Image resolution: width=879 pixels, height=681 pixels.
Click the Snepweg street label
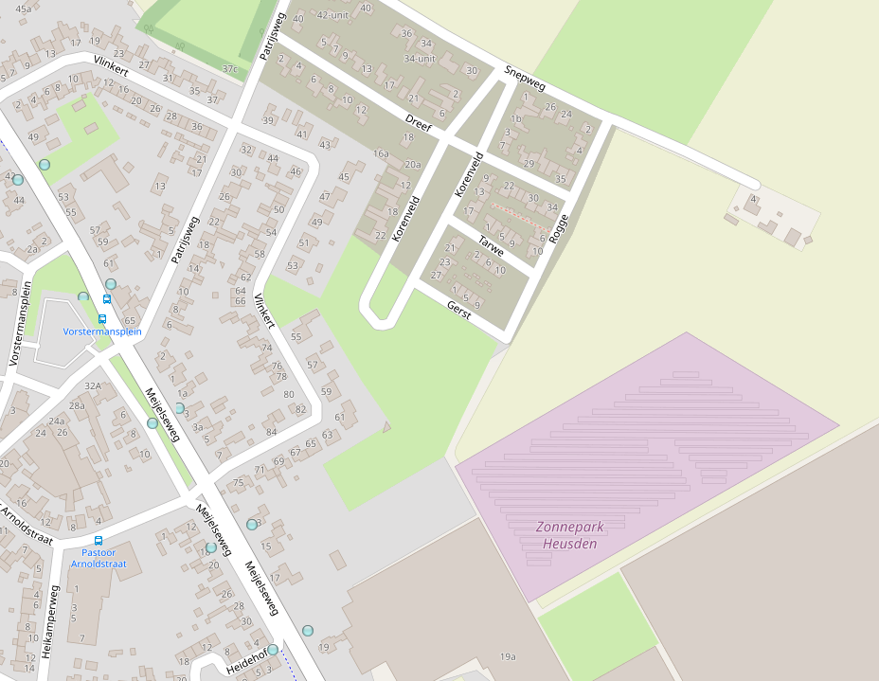tap(526, 78)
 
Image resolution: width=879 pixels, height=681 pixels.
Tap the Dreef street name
tap(418, 120)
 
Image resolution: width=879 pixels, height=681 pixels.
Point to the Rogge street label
tap(558, 228)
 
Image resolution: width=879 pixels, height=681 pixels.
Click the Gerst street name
tap(459, 310)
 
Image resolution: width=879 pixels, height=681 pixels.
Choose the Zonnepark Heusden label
tap(567, 535)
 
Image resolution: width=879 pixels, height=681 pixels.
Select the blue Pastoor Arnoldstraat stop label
tap(99, 558)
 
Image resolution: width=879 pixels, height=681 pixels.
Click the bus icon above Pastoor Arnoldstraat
tap(99, 540)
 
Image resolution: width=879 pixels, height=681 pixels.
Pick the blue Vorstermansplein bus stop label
tap(102, 332)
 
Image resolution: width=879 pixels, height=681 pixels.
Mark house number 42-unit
tap(332, 15)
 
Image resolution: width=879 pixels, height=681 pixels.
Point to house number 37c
tap(229, 68)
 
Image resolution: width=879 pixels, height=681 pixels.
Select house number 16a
tap(381, 152)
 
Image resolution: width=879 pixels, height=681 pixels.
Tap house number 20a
tap(413, 164)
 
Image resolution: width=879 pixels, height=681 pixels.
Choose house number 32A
tap(93, 385)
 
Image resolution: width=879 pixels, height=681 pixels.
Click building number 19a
tap(508, 656)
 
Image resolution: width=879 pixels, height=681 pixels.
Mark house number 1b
tap(516, 119)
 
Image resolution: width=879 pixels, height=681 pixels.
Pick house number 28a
tap(77, 405)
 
